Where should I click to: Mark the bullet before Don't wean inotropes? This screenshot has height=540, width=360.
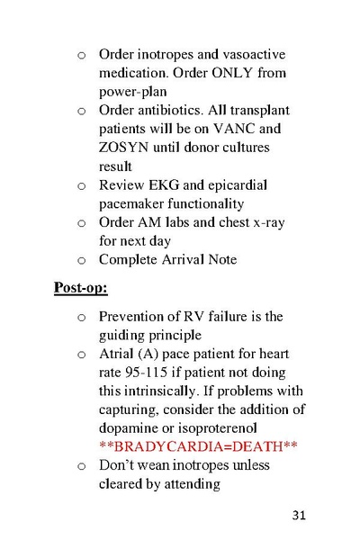(81, 466)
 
